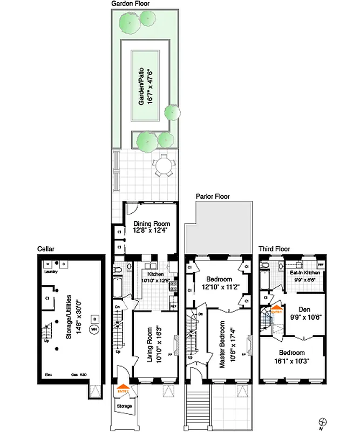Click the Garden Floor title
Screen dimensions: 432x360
click(131, 3)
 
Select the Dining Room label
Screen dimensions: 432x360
click(152, 224)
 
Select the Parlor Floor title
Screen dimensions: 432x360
click(215, 197)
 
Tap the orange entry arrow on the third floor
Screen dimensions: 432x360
click(276, 312)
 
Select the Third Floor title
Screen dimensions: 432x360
click(274, 249)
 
